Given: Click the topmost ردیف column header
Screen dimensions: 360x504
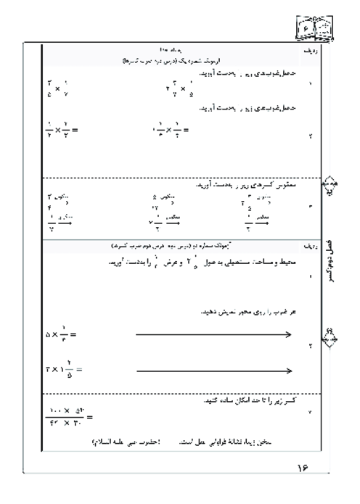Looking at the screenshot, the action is (309, 54).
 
